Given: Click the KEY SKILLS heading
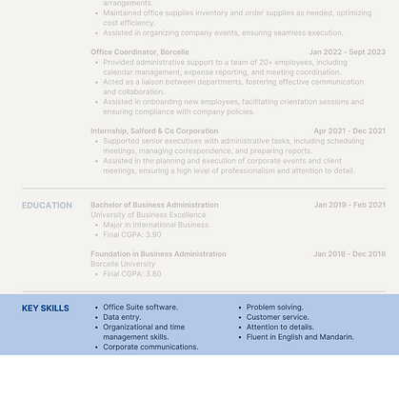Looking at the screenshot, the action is pyautogui.click(x=46, y=309).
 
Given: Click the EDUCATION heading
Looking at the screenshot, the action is pyautogui.click(x=47, y=206).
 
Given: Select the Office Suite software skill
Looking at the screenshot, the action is pyautogui.click(x=140, y=308).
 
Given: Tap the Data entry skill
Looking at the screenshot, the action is pyautogui.click(x=124, y=317).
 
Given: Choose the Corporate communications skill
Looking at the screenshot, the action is pyautogui.click(x=150, y=347).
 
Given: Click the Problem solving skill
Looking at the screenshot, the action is pyautogui.click(x=274, y=308).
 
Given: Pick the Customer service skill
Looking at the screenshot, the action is pyautogui.click(x=277, y=317).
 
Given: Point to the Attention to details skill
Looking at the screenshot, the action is pyautogui.click(x=280, y=327).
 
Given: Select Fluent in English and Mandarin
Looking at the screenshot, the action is pyautogui.click(x=300, y=337).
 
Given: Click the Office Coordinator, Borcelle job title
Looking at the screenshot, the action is pyautogui.click(x=140, y=52).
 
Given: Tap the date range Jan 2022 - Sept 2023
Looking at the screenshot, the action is pyautogui.click(x=347, y=52).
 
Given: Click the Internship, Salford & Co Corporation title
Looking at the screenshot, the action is pyautogui.click(x=154, y=131).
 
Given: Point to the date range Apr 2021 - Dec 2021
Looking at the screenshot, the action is pyautogui.click(x=349, y=131).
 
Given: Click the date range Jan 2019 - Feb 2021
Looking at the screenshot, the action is pyautogui.click(x=349, y=205).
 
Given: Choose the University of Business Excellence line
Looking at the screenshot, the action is pyautogui.click(x=148, y=215).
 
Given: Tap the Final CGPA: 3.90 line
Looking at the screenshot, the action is pyautogui.click(x=132, y=234).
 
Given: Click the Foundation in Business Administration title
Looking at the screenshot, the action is pyautogui.click(x=158, y=254).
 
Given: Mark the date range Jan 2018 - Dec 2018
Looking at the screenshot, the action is pyautogui.click(x=349, y=254).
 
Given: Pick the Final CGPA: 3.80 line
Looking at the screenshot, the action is pyautogui.click(x=132, y=274).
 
